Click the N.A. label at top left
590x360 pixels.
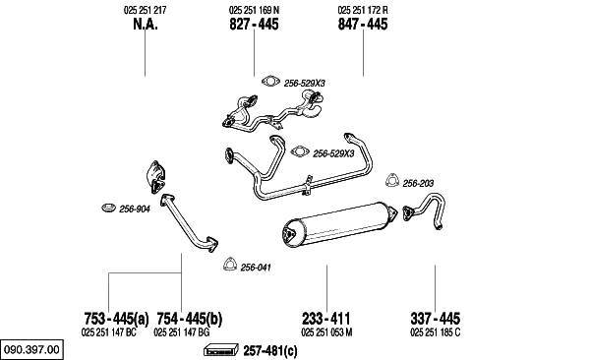coord(146,25)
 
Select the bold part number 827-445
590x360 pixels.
coord(254,25)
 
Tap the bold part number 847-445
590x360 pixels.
coord(363,25)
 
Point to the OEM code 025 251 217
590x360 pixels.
coord(145,10)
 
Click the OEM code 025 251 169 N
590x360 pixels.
coord(254,10)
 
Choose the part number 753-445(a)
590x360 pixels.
coord(116,319)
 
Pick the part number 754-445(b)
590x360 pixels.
coord(189,319)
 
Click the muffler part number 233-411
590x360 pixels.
coord(325,319)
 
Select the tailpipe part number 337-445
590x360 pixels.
coord(435,319)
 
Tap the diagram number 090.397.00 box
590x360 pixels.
coord(31,349)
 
